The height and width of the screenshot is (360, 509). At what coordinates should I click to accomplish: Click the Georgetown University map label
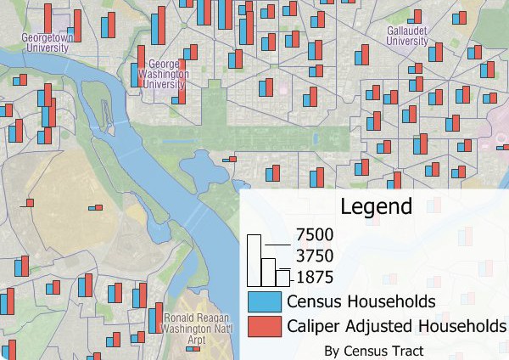[x=48, y=43]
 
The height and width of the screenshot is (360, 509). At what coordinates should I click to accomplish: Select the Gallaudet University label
[x=406, y=35]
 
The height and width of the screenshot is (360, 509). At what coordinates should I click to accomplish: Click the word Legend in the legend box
[x=376, y=205]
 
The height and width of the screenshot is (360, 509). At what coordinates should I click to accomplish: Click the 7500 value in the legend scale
[x=315, y=234]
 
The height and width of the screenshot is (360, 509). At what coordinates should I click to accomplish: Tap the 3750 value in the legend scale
[x=315, y=256]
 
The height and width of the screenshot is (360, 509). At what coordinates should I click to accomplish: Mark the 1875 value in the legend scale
[x=315, y=276]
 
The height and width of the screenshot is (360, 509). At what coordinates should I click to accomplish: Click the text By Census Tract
[x=373, y=349]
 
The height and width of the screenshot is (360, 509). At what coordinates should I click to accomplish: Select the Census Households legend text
[x=361, y=301]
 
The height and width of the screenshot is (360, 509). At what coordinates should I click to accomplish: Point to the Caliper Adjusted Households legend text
[x=396, y=326]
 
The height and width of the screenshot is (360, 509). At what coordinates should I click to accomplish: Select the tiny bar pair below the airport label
[x=193, y=348]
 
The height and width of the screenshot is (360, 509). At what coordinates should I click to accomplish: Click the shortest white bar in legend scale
[x=283, y=278]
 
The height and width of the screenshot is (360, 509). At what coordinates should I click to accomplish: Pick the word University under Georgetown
[x=48, y=48]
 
